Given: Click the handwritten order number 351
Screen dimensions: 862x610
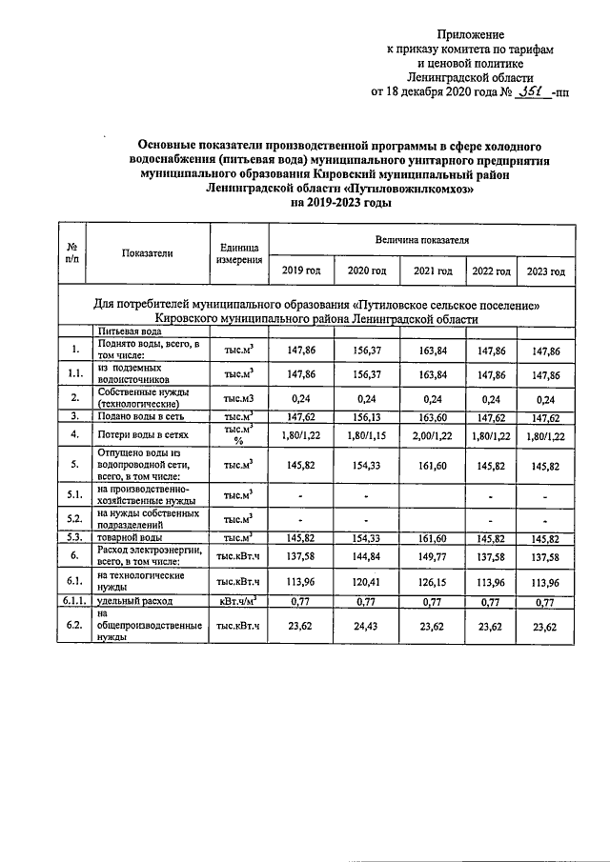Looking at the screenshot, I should (x=527, y=91).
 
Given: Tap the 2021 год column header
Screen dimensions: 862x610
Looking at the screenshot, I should (x=433, y=271).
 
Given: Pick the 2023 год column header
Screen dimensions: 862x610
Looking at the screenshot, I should (x=546, y=271).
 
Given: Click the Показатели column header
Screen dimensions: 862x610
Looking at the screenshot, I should (x=148, y=253).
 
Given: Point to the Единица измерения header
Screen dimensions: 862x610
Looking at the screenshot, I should (x=237, y=253).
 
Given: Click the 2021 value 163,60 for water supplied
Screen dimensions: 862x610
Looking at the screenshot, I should (x=433, y=416).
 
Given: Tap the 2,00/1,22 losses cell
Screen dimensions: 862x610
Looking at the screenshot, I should (x=433, y=434).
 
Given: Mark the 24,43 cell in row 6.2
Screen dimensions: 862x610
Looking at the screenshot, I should (x=367, y=627).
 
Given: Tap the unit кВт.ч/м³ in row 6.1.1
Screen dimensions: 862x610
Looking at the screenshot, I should (x=237, y=602).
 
